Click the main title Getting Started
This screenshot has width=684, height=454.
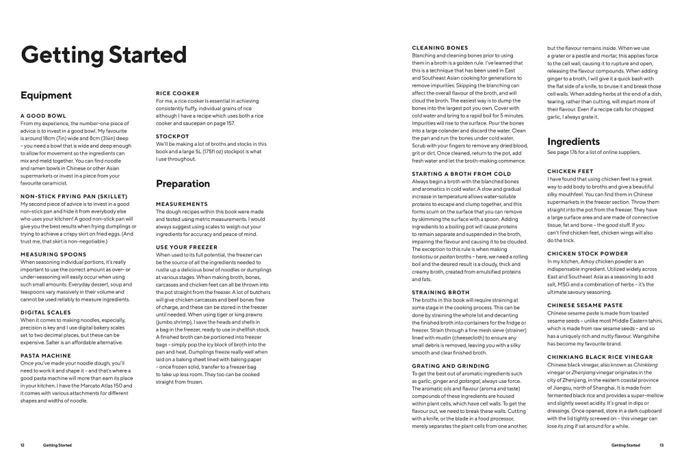(103, 54)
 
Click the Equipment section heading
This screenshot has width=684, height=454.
(46, 96)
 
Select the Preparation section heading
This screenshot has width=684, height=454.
(183, 183)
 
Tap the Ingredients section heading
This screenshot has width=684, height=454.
(573, 142)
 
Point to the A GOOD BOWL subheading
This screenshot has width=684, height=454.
(43, 116)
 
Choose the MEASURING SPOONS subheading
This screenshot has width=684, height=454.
(53, 254)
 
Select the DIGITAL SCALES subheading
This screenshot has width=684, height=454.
(45, 312)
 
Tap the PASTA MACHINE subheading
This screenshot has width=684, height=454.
(45, 356)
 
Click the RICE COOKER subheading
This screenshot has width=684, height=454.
(178, 93)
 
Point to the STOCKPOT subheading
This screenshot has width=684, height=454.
(172, 137)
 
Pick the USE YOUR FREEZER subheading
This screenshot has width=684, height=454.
(187, 247)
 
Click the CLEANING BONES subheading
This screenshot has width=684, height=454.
(440, 48)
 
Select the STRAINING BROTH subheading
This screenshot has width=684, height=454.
(440, 292)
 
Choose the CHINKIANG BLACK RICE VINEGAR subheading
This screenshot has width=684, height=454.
(600, 357)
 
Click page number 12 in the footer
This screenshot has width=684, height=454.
(23, 444)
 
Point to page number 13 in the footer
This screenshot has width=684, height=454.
(661, 444)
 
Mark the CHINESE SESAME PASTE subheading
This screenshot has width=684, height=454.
(585, 305)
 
